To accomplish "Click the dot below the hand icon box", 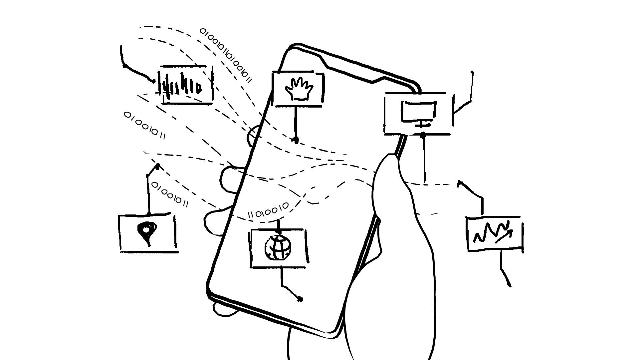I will click(x=295, y=139).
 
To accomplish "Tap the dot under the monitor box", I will click(x=423, y=135).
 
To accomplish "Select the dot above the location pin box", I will click(x=157, y=166).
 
